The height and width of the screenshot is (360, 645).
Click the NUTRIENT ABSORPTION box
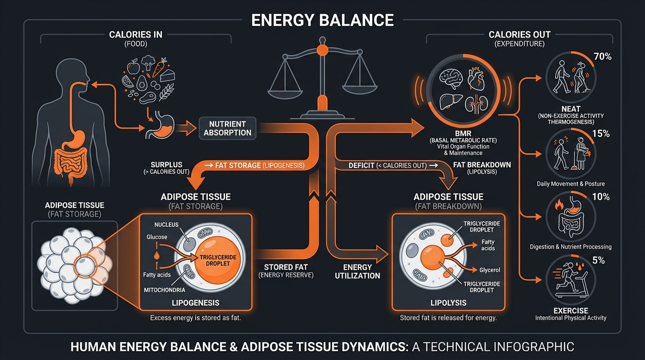227,128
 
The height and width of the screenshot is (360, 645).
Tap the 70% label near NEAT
602,57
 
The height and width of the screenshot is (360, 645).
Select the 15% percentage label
600,134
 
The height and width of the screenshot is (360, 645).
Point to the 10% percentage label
600,197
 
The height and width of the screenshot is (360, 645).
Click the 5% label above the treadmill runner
599,260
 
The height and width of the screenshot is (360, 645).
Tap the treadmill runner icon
570,281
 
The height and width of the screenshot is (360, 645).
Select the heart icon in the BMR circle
479,78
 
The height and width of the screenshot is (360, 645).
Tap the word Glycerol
490,270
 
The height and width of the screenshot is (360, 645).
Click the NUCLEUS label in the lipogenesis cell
166,225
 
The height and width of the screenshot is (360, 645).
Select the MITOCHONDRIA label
164,290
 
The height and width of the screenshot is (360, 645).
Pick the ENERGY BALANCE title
322,21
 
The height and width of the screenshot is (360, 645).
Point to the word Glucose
157,237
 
